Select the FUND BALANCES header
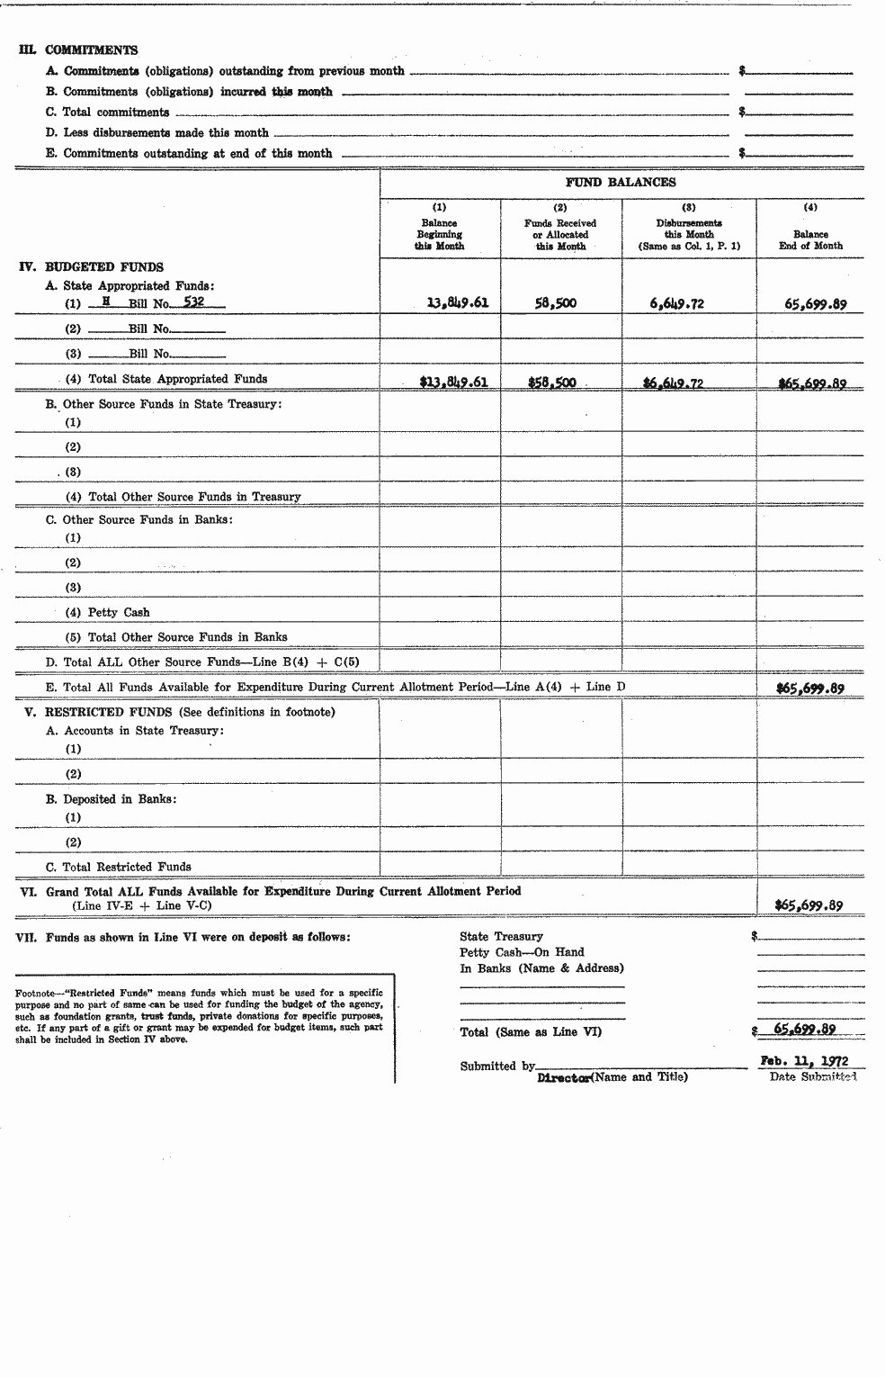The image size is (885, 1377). coord(621,183)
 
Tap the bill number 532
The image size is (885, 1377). coord(193,302)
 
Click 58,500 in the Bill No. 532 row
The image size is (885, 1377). coord(555,303)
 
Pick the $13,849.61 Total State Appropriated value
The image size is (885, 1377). coord(453,382)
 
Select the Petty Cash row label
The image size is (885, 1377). coord(119,612)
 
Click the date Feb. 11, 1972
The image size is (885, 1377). coord(804,1061)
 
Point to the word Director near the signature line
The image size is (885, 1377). coord(563,1076)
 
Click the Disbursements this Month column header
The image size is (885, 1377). coord(689,234)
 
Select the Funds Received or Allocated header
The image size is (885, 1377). coord(560,234)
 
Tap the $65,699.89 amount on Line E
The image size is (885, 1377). coord(810,688)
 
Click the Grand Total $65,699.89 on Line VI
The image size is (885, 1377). coord(809,905)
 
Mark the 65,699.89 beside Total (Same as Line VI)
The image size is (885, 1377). coord(805,1030)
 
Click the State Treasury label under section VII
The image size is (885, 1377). coord(501,936)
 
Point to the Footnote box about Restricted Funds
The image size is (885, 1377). coord(200,1016)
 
